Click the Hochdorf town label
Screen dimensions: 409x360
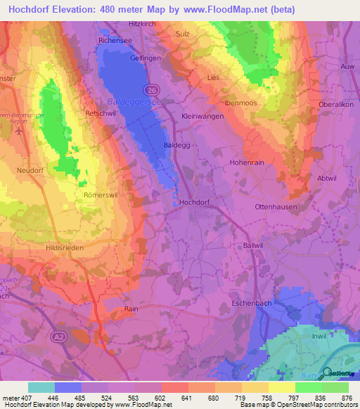point(195,202)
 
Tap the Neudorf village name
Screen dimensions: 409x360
point(32,169)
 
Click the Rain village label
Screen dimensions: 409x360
point(129,309)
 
